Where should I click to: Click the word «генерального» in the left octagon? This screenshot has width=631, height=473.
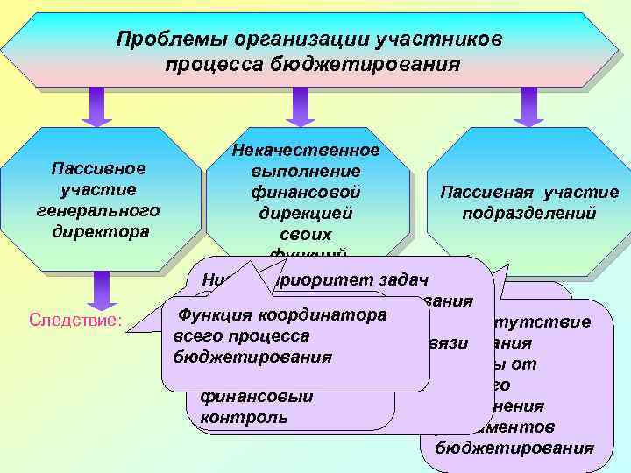(x=98, y=211)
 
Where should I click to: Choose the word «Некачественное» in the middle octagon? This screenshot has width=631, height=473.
(x=306, y=151)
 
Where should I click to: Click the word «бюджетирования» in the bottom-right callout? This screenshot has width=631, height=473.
(x=507, y=448)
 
